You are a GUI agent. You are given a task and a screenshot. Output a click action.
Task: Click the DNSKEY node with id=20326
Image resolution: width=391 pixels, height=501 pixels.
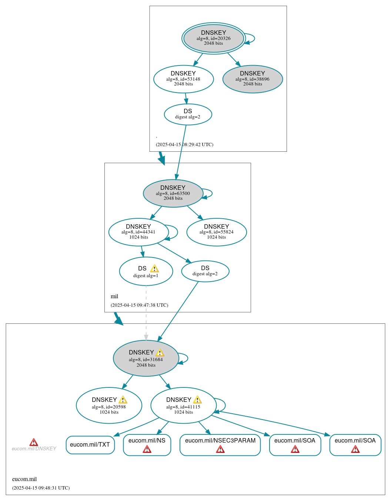[x=214, y=38]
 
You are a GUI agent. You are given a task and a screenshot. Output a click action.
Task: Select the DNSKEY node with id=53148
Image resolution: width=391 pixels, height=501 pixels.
[x=183, y=79]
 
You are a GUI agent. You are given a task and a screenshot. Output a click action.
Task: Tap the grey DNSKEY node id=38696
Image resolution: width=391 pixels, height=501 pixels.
[x=253, y=79]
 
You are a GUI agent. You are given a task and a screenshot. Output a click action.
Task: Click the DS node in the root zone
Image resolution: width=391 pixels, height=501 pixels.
[x=188, y=114]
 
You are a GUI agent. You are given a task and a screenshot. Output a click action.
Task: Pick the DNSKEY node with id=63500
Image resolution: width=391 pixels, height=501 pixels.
[x=173, y=193]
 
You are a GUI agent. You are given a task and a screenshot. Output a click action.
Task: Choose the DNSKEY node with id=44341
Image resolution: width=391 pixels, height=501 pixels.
[x=138, y=232]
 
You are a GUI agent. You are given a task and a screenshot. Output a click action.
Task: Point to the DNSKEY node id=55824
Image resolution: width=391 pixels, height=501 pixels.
[x=217, y=232]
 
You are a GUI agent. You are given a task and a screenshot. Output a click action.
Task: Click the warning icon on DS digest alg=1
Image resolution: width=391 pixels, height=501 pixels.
[x=154, y=269]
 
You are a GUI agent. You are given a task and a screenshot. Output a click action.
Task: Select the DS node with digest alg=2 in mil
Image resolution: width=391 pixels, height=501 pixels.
[x=205, y=271]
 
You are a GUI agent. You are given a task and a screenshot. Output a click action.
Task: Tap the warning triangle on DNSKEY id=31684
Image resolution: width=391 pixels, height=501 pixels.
[x=160, y=353]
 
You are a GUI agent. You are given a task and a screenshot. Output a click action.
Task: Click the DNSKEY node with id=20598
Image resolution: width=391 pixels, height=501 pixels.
[x=109, y=406]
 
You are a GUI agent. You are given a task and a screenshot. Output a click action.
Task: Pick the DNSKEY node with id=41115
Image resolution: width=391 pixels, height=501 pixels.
[x=183, y=406]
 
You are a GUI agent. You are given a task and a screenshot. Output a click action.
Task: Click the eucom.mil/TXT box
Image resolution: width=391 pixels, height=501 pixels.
[x=90, y=445]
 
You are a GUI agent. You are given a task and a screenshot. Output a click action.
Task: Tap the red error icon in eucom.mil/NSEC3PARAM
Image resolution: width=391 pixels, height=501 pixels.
[x=220, y=449]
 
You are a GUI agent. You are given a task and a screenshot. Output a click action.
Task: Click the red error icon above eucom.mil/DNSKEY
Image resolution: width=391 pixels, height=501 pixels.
[x=34, y=442]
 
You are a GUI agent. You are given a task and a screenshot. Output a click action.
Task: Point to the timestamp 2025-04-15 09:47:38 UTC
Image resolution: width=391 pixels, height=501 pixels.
[x=139, y=305]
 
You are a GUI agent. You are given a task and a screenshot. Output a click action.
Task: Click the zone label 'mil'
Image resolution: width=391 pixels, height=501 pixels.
[x=114, y=296]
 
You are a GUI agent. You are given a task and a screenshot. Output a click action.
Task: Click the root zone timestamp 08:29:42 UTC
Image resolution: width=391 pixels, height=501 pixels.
[x=184, y=145]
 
